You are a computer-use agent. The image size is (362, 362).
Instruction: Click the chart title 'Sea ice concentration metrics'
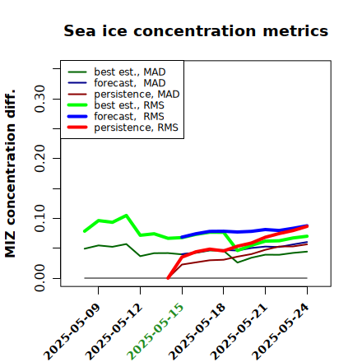pos(196,30)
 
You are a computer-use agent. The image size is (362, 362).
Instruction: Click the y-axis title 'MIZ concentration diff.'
pos(10,174)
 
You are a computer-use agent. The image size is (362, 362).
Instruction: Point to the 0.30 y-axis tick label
pos(39,99)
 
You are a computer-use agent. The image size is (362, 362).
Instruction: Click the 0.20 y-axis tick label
pos(39,159)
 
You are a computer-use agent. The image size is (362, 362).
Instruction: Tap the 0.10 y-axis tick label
pos(39,218)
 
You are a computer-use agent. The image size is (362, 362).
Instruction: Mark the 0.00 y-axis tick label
pos(39,278)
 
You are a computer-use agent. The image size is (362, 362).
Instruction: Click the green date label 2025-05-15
pos(155,332)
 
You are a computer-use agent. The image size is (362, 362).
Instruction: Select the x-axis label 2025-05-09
pos(72,332)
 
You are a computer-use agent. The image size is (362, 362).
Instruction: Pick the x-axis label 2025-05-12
pos(114,332)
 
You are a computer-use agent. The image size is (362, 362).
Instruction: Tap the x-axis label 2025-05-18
pos(197,332)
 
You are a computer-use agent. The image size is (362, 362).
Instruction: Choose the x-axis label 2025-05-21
pos(239,332)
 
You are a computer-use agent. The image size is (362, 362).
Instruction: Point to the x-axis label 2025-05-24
pos(280,332)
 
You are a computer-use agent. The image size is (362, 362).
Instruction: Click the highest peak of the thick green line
pos(126,216)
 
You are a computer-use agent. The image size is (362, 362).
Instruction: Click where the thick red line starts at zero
pos(168,278)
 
